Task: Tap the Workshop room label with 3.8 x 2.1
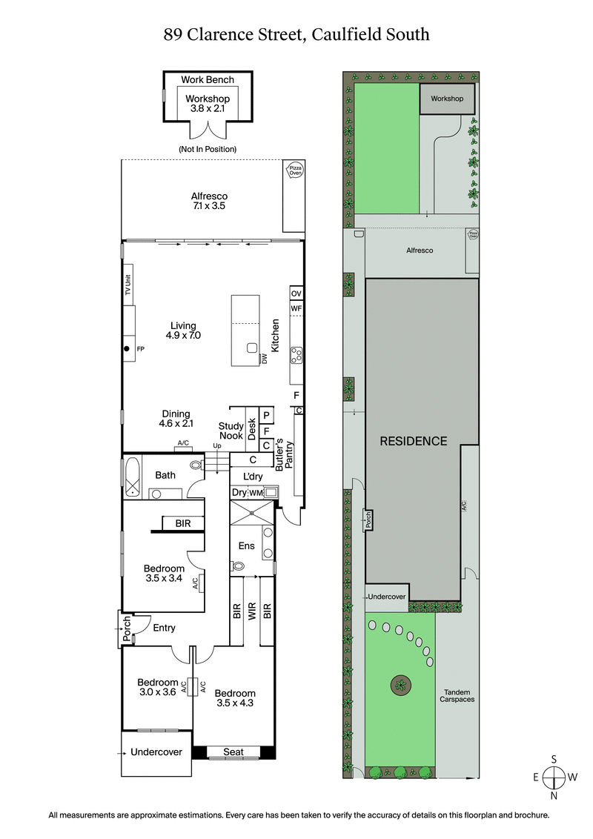(208, 103)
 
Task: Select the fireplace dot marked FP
(127, 348)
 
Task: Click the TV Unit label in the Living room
(127, 285)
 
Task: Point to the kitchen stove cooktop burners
(296, 356)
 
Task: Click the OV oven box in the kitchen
(296, 293)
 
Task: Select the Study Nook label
(231, 431)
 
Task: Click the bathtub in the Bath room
(132, 476)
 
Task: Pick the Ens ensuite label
(246, 546)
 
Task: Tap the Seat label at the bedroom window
(233, 752)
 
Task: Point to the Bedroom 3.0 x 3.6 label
(158, 688)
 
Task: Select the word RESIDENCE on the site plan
(414, 441)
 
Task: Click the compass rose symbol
(554, 777)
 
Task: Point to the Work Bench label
(208, 80)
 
